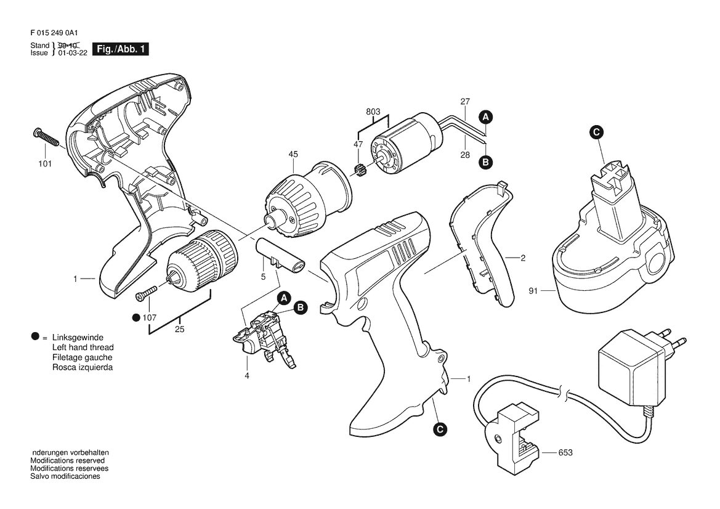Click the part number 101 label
pos(45,164)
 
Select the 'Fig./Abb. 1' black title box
pos(121,49)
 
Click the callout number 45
pos(293,154)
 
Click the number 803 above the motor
pos(373,112)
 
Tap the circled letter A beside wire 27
pos(486,117)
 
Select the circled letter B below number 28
pos(486,161)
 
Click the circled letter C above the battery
pos(596,132)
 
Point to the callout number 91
pos(533,291)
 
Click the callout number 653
pos(565,452)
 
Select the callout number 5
pos(263,277)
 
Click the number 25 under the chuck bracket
pos(180,330)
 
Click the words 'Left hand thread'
pos(83,348)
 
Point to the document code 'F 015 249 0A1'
pos(54,33)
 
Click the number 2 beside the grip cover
pos(522,258)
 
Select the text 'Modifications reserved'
pos(68,460)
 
